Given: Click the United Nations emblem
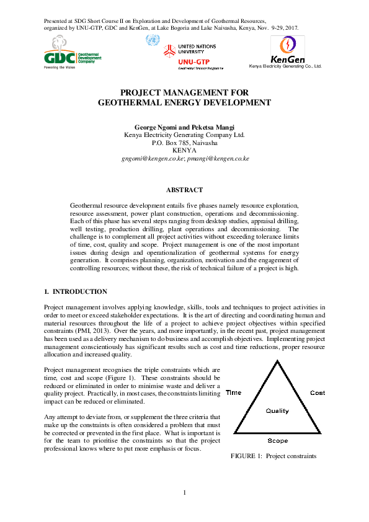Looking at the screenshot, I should (151, 40).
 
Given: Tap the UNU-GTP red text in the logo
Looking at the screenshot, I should (193, 62).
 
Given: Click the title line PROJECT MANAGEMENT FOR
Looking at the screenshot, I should (184, 91).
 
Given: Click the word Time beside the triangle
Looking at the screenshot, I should (233, 393).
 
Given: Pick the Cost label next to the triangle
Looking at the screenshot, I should (317, 393).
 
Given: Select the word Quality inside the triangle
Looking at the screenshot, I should (277, 411).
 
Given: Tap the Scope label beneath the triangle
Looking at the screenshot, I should (277, 441).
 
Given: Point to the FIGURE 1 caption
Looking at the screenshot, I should (273, 456).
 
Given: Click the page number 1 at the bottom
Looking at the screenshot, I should (184, 493).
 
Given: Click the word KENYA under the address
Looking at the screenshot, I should (184, 151).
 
